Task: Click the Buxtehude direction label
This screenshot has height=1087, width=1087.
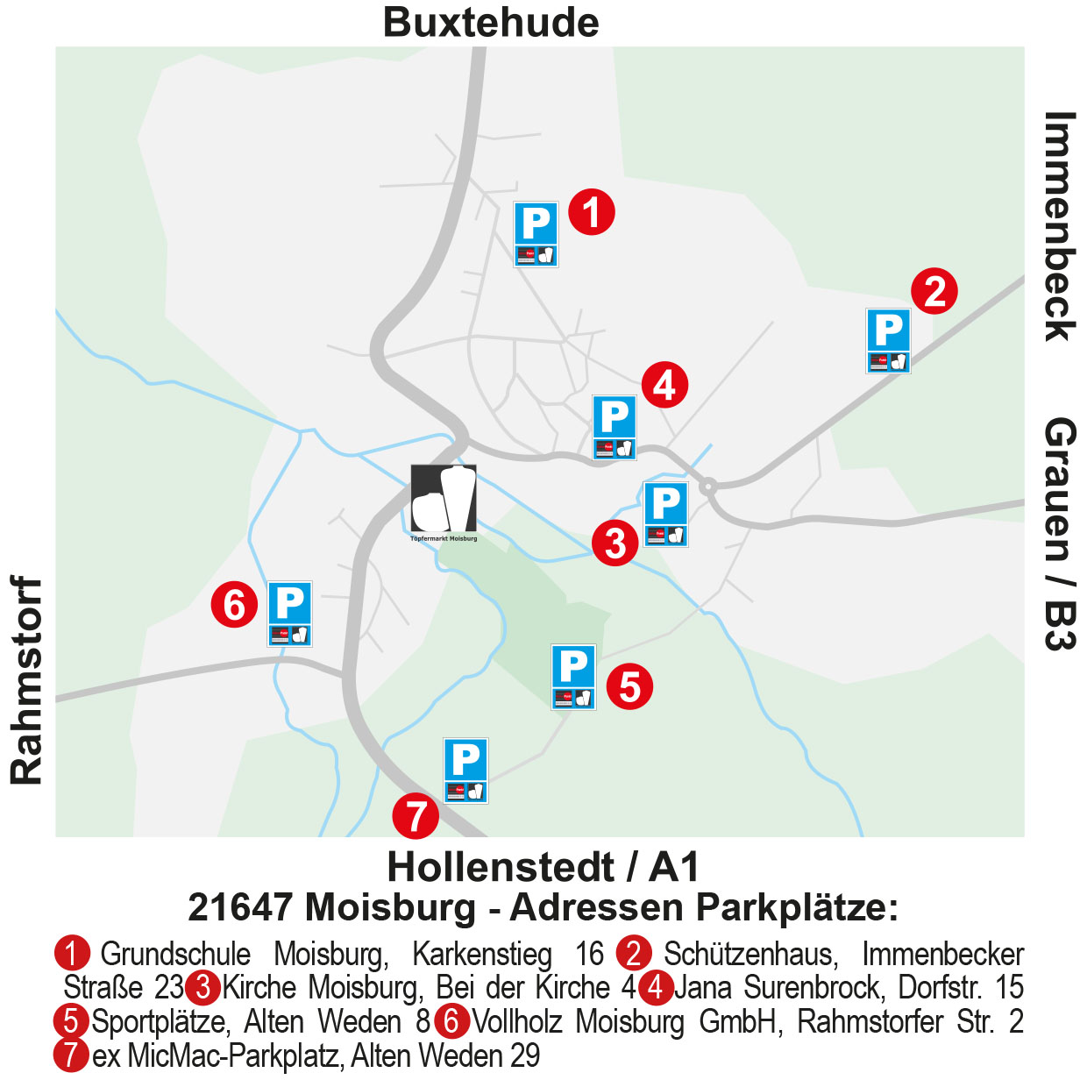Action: pyautogui.click(x=491, y=23)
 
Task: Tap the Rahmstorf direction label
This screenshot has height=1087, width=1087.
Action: pyautogui.click(x=26, y=680)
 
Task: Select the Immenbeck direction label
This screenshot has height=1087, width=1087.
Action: pyautogui.click(x=1060, y=226)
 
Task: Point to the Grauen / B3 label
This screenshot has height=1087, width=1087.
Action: pyautogui.click(x=1060, y=533)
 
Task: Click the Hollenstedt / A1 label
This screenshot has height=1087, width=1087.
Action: pyautogui.click(x=543, y=867)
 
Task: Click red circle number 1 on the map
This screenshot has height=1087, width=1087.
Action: pyautogui.click(x=592, y=212)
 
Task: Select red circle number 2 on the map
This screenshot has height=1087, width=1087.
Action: pyautogui.click(x=934, y=291)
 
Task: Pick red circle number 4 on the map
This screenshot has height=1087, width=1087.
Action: pyautogui.click(x=664, y=385)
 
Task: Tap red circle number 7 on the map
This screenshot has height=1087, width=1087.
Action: pyautogui.click(x=416, y=816)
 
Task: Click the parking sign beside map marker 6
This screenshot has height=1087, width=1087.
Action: pyautogui.click(x=290, y=614)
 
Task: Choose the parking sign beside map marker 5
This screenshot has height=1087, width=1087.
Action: pyautogui.click(x=573, y=677)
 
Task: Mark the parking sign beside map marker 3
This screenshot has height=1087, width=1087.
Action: pyautogui.click(x=665, y=514)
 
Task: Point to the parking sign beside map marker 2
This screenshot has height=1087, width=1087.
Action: pyautogui.click(x=888, y=340)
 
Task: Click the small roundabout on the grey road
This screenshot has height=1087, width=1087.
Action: pyautogui.click(x=708, y=486)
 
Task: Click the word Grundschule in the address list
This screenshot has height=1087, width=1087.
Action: pyautogui.click(x=175, y=954)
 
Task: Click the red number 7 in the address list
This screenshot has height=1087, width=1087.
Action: pyautogui.click(x=71, y=1055)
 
